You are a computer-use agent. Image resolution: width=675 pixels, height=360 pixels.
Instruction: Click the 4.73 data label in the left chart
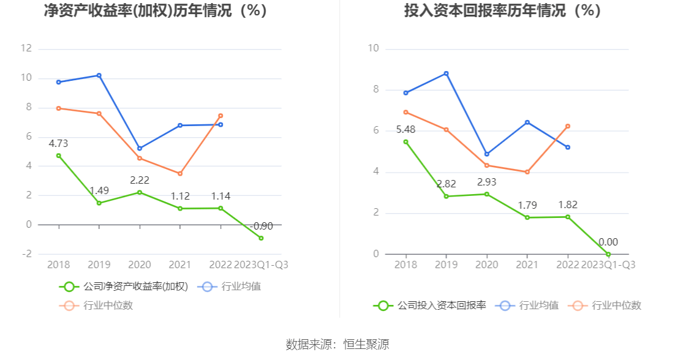point(59,144)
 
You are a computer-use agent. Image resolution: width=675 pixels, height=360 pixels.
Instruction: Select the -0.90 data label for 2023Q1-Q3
point(261,226)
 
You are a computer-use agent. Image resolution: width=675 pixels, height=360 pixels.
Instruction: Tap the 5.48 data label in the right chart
point(405,129)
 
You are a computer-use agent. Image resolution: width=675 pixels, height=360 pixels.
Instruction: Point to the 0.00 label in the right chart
point(608,242)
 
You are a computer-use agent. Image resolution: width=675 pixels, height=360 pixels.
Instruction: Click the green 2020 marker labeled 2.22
point(140,192)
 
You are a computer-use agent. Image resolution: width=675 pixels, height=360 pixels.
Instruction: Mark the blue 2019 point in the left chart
point(99,75)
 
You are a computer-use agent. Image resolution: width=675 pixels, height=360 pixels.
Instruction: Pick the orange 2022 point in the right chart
point(568,126)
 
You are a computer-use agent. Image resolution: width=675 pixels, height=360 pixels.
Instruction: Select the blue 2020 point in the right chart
point(487,154)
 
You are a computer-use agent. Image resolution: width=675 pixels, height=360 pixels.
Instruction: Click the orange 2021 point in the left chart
point(180,174)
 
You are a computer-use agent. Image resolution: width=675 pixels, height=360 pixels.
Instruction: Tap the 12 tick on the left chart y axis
point(26,48)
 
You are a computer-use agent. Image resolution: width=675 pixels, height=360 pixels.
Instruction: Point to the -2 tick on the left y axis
point(27,254)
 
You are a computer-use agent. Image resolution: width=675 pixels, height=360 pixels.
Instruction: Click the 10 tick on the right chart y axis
point(374,48)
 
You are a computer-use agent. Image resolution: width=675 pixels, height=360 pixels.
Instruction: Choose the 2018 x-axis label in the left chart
point(59,265)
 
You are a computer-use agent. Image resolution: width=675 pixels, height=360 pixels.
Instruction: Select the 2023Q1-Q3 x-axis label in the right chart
point(608,265)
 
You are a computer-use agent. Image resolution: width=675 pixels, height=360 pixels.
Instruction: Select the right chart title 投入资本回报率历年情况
point(502,11)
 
